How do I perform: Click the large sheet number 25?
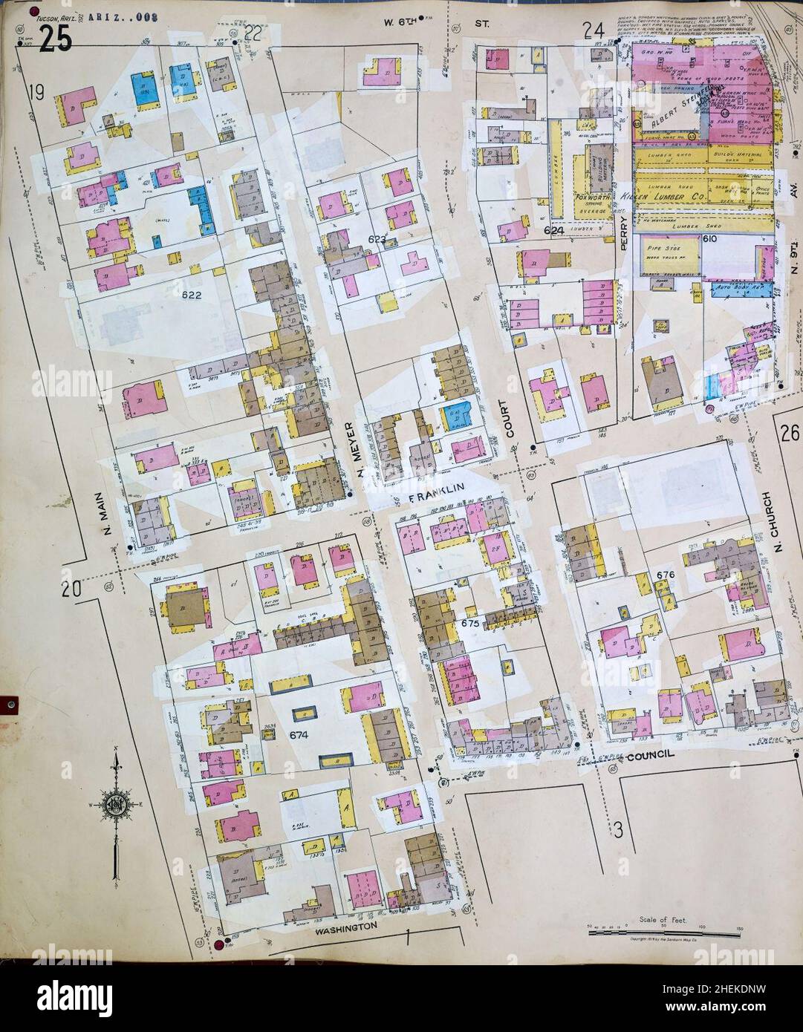point(56,39)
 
